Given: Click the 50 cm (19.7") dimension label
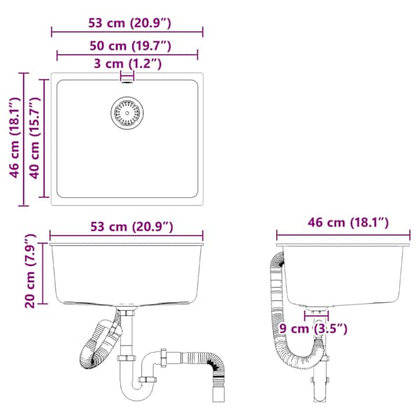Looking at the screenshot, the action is (130, 45).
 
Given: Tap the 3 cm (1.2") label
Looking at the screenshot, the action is (128, 64).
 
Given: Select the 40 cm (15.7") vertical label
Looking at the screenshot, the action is (35, 138).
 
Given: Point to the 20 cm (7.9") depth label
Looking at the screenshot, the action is (30, 271).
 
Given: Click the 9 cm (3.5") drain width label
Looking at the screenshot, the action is (313, 328).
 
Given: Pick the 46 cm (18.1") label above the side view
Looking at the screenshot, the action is (348, 223).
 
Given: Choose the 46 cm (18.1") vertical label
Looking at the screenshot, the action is (15, 137).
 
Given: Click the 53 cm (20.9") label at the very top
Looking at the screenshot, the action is (129, 23).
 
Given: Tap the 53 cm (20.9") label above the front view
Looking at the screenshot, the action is (132, 227).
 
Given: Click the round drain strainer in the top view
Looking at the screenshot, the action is (127, 113).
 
